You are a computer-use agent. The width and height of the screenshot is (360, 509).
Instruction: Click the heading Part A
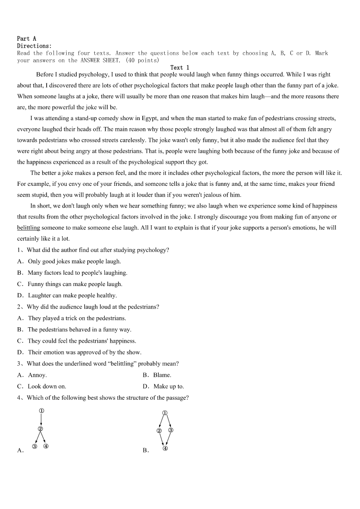26,39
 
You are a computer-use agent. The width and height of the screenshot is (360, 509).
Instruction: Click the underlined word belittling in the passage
29,228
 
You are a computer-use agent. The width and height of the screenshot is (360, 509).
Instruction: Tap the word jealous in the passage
214,195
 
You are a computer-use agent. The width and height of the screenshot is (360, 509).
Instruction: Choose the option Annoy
37,375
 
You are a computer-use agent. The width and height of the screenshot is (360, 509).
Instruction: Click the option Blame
162,375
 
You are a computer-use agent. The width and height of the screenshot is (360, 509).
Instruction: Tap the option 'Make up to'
168,387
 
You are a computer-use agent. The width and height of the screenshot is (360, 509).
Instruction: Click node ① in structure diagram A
41,411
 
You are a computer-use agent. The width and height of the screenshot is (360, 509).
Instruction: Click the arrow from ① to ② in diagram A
41,420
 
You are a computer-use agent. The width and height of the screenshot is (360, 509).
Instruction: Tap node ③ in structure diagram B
170,430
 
